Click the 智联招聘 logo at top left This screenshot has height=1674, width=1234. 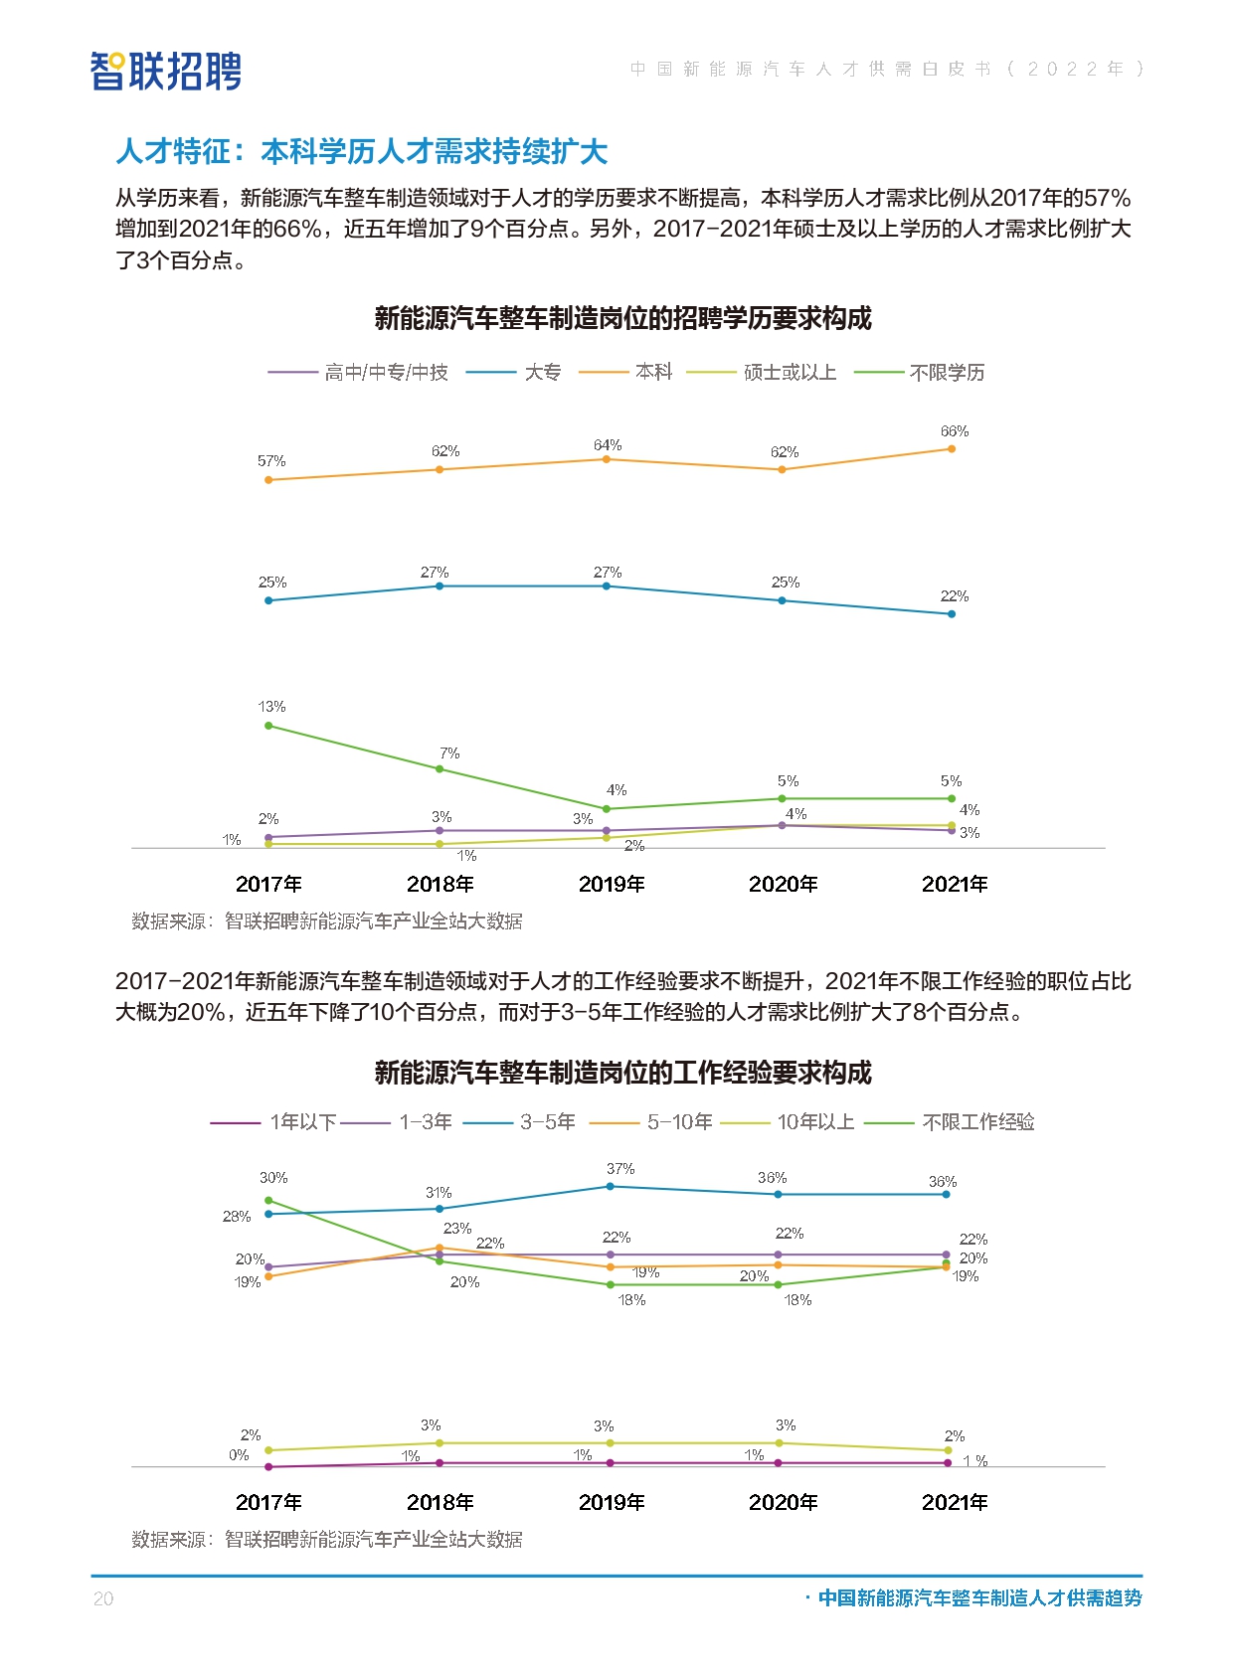tap(166, 71)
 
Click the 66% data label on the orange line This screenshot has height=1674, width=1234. tap(954, 431)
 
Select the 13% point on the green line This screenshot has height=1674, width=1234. tap(268, 726)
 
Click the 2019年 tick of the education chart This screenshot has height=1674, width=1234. tap(612, 884)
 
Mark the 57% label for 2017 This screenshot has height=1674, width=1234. tap(271, 461)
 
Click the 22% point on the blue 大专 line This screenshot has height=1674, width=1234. tap(952, 614)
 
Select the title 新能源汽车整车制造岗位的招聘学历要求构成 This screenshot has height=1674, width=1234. tap(622, 318)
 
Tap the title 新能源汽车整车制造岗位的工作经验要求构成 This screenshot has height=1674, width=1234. tap(622, 1073)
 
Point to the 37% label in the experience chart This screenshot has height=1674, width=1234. tap(620, 1169)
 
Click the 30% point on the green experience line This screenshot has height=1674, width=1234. tap(268, 1201)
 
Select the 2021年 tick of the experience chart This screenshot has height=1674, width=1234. tap(955, 1502)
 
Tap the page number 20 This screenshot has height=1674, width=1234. tap(103, 1598)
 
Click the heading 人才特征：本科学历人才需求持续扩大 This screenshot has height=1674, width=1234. tap(362, 152)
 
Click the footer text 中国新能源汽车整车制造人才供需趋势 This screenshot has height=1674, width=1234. tap(979, 1597)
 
